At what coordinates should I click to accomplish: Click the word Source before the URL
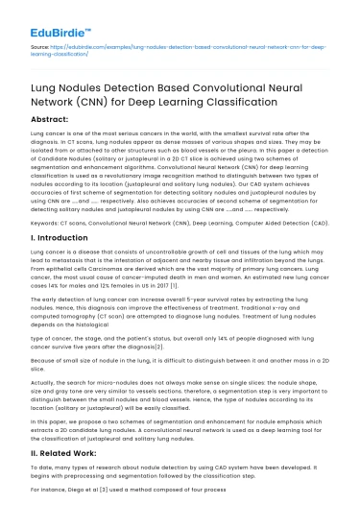coord(40,46)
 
